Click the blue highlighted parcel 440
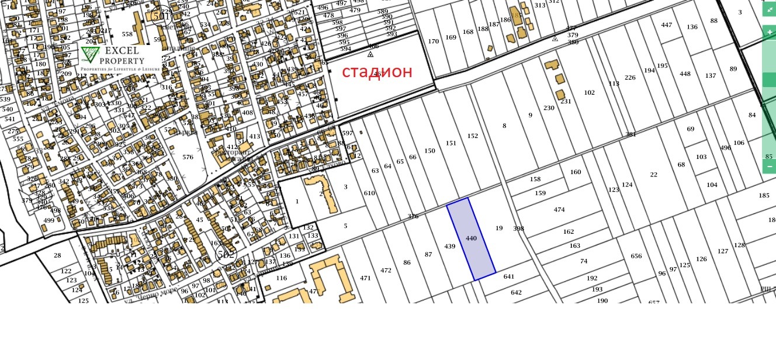[471, 238]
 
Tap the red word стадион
[377, 72]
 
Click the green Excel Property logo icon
[89, 55]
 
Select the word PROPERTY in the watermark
[122, 61]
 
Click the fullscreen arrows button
[769, 11]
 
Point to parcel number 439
[449, 247]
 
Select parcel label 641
[508, 277]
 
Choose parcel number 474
[559, 210]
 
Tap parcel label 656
[636, 257]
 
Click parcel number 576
[188, 157]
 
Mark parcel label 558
[127, 34]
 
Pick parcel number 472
[386, 271]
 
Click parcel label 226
[630, 78]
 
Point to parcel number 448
[685, 74]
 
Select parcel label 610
[369, 193]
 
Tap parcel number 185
[764, 195]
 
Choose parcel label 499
[49, 220]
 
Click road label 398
[518, 229]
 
